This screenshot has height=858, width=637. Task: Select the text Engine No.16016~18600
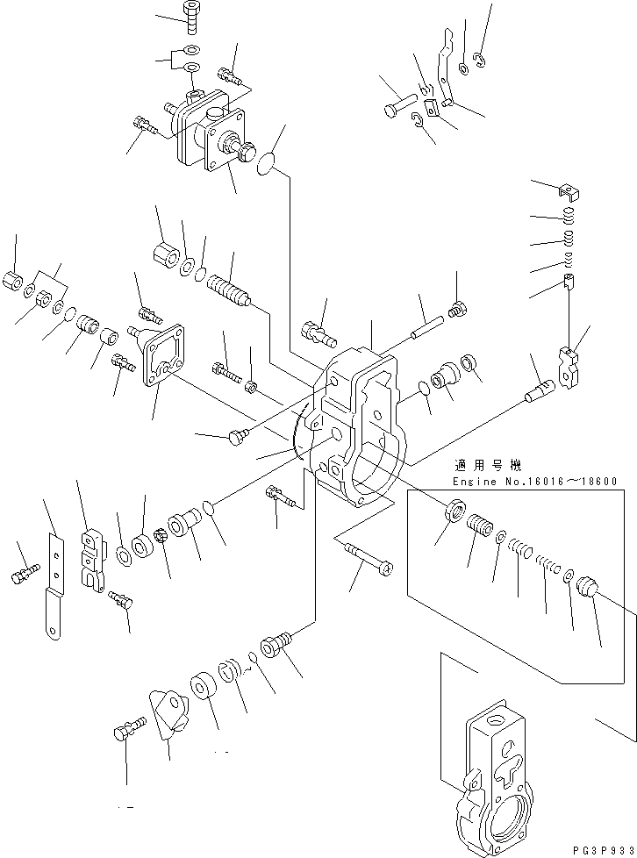534,482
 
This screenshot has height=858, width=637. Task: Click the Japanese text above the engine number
484,466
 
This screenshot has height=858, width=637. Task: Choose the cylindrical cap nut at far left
13,282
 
